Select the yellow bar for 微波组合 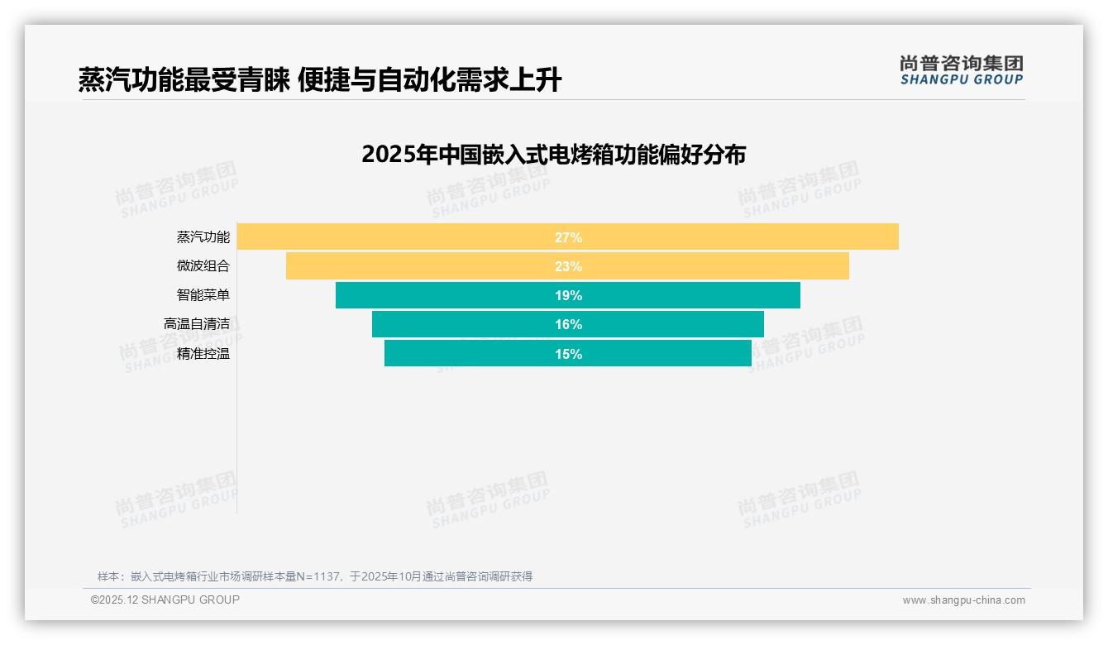point(413,266)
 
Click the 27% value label point(568,237)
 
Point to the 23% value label point(568,266)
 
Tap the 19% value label point(568,295)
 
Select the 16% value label point(568,324)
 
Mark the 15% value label point(568,354)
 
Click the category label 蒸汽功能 point(203,237)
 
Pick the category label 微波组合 point(203,266)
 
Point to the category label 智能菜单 point(203,295)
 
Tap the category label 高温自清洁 point(196,324)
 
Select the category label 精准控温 point(203,354)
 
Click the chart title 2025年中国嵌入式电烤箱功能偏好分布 point(553,155)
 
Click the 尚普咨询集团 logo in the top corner point(961,69)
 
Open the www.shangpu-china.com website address point(963,600)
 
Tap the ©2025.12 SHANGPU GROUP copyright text point(165,600)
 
